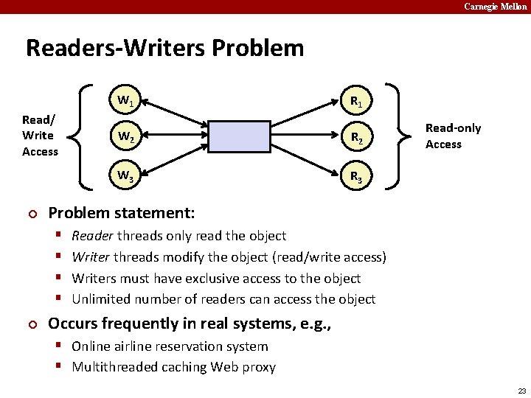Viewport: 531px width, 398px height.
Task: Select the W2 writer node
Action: [x=125, y=136]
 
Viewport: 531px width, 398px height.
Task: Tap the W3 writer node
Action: [x=125, y=176]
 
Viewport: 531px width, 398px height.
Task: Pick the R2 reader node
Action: [x=355, y=136]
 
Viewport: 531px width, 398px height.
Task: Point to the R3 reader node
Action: [x=355, y=176]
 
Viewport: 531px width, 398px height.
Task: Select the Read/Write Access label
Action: [x=40, y=136]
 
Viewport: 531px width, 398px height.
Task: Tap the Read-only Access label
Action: [x=453, y=136]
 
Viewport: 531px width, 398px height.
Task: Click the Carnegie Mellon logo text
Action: [x=496, y=7]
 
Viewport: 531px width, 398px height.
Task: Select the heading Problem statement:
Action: [x=121, y=214]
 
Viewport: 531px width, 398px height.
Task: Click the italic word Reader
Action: [x=92, y=236]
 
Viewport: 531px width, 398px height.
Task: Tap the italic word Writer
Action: [x=91, y=257]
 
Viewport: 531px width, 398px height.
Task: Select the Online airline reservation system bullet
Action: [x=170, y=346]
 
